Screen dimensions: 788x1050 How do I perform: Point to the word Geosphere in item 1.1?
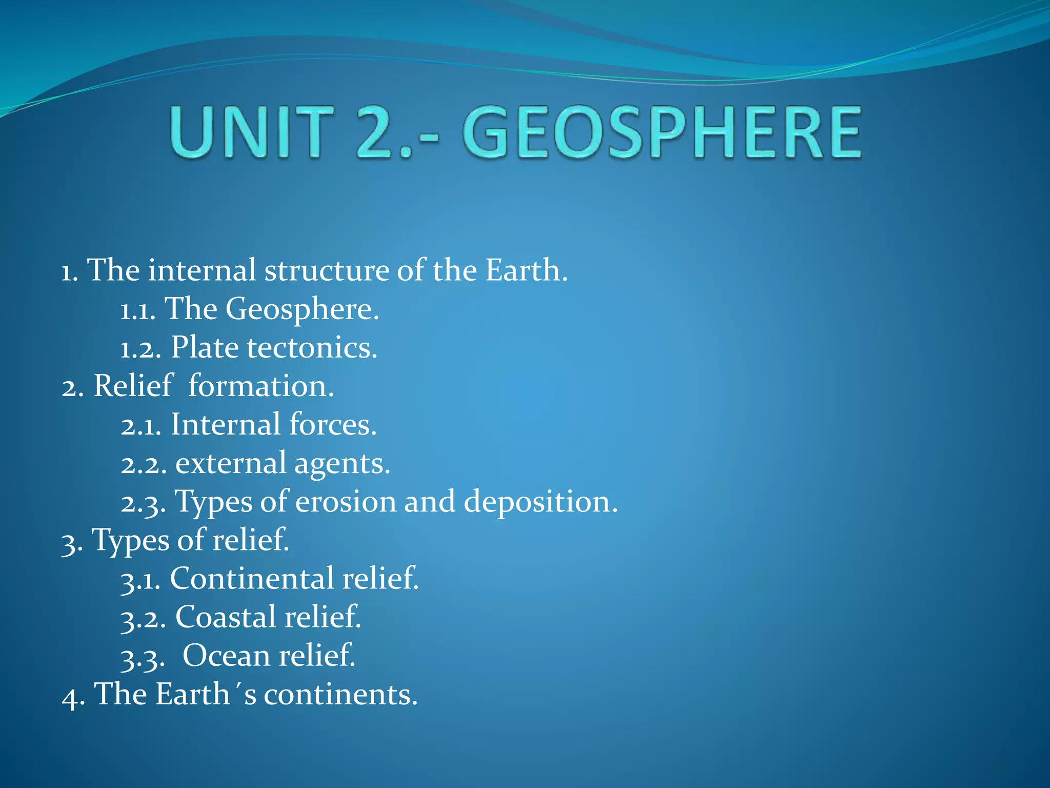(x=302, y=309)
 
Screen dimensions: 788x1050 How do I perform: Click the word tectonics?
(x=312, y=347)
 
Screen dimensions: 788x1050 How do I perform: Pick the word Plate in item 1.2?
(x=205, y=347)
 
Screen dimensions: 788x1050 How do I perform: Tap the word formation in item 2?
(x=261, y=386)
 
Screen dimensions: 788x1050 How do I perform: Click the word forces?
(x=333, y=424)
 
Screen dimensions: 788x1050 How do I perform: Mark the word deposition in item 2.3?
(x=540, y=501)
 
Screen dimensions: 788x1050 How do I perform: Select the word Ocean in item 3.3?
(x=226, y=656)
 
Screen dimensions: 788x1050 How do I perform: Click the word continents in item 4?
(x=340, y=694)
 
